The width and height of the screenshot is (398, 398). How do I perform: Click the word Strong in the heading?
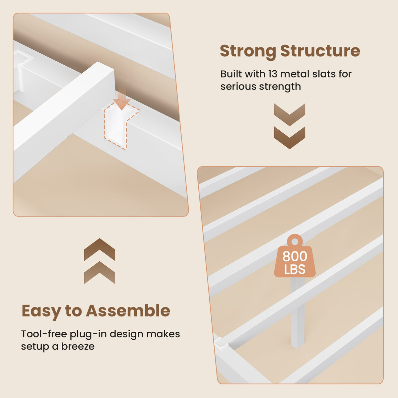click(248, 51)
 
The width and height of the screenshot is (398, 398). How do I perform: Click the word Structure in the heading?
click(320, 51)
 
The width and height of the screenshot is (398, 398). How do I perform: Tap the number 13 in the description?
click(273, 74)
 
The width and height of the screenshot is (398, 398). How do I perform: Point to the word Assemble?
click(128, 310)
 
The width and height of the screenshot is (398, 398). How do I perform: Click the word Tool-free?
click(44, 334)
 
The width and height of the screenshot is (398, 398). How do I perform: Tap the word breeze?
click(78, 346)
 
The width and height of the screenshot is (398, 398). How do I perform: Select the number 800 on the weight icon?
click(295, 256)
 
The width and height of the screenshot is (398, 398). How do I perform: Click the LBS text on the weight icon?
click(295, 269)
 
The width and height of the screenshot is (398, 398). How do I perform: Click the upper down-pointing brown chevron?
click(290, 115)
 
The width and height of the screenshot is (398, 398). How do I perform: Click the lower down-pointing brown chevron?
click(290, 138)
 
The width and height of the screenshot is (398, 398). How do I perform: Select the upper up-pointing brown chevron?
click(99, 249)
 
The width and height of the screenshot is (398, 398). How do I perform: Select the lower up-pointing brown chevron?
click(99, 272)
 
